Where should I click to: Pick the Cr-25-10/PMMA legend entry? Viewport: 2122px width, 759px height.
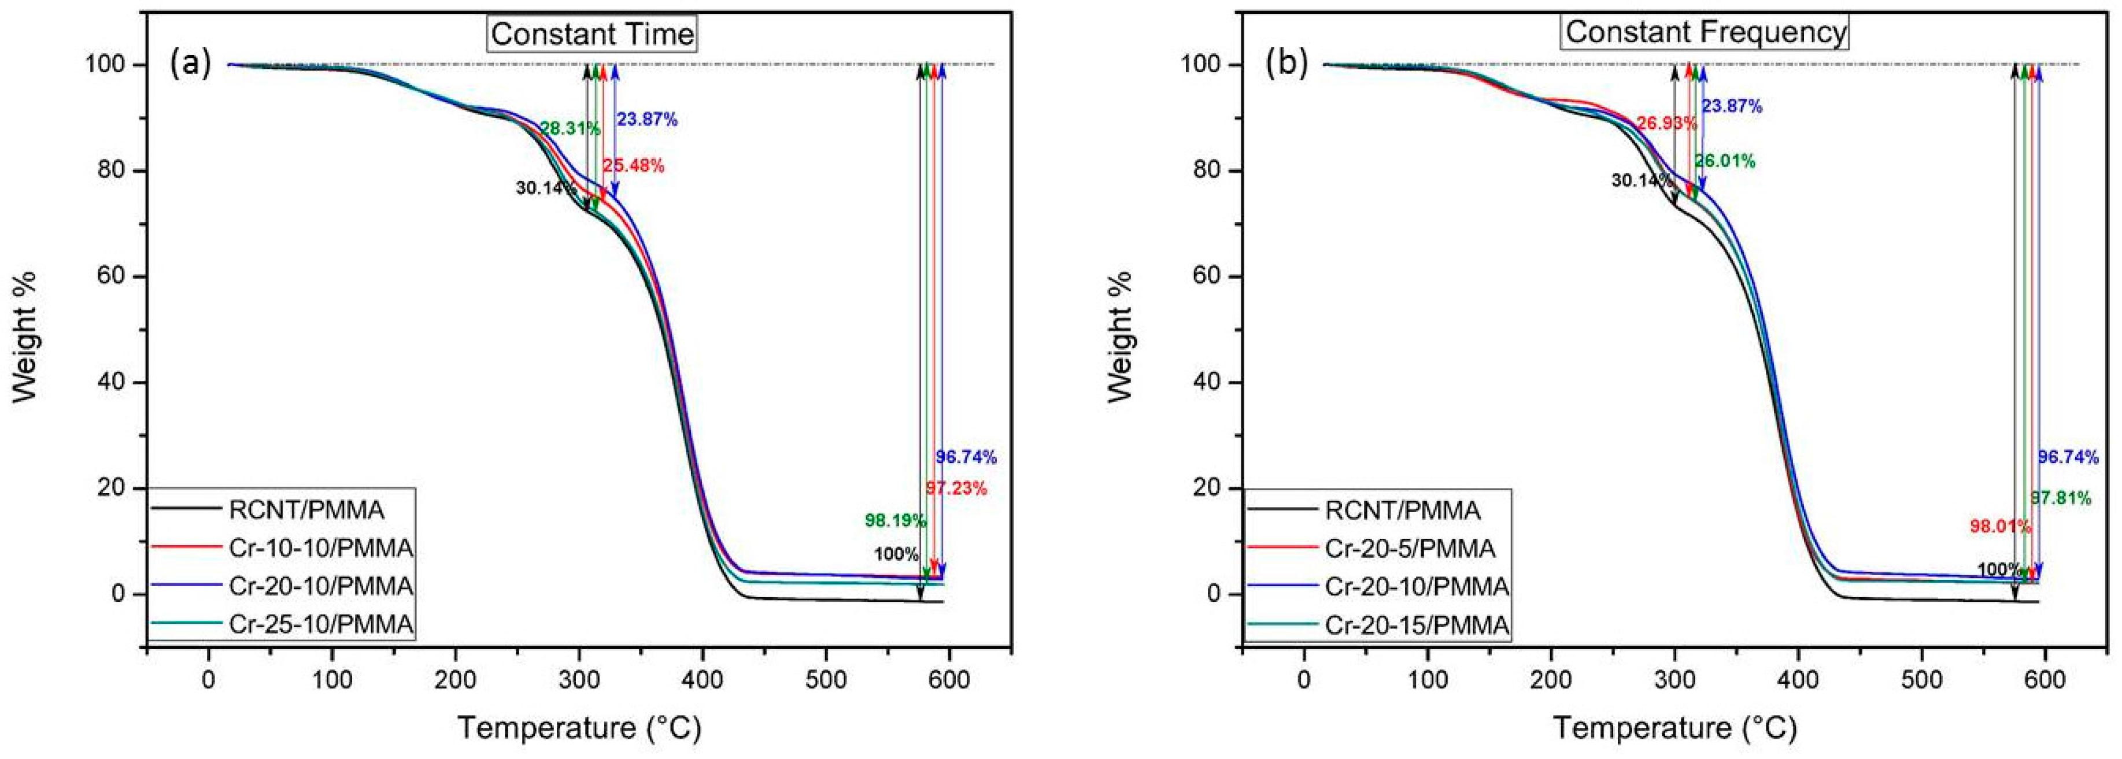point(320,625)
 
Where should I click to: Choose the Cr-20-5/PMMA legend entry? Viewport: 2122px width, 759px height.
point(1410,548)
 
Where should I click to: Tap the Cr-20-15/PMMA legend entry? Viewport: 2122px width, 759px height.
point(1417,625)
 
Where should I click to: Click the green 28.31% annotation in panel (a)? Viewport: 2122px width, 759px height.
point(570,128)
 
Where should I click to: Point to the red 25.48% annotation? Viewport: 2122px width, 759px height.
point(633,165)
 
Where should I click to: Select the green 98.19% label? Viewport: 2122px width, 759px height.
point(896,520)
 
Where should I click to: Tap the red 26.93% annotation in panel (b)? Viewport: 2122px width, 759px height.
point(1666,124)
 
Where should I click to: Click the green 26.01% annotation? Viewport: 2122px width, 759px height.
point(1725,161)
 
